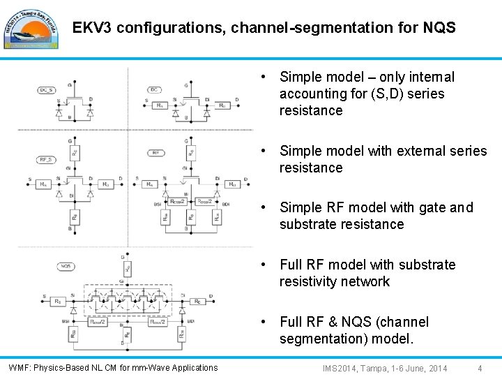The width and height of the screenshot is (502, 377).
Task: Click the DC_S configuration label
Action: pyautogui.click(x=46, y=89)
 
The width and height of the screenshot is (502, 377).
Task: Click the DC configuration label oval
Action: pyautogui.click(x=155, y=89)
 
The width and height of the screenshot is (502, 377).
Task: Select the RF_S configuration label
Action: pyautogui.click(x=46, y=159)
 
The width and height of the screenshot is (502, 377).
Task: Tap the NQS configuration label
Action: pyautogui.click(x=67, y=266)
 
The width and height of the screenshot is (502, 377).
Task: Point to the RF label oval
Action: pyautogui.click(x=155, y=152)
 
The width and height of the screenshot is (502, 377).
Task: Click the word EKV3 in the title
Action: pyautogui.click(x=93, y=28)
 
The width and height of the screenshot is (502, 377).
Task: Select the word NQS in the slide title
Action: pyautogui.click(x=439, y=28)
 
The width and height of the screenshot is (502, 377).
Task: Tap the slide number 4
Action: pyautogui.click(x=479, y=368)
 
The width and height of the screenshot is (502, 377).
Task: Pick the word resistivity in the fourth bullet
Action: pyautogui.click(x=312, y=281)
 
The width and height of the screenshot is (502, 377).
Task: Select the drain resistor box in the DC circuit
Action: pyautogui.click(x=222, y=106)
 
